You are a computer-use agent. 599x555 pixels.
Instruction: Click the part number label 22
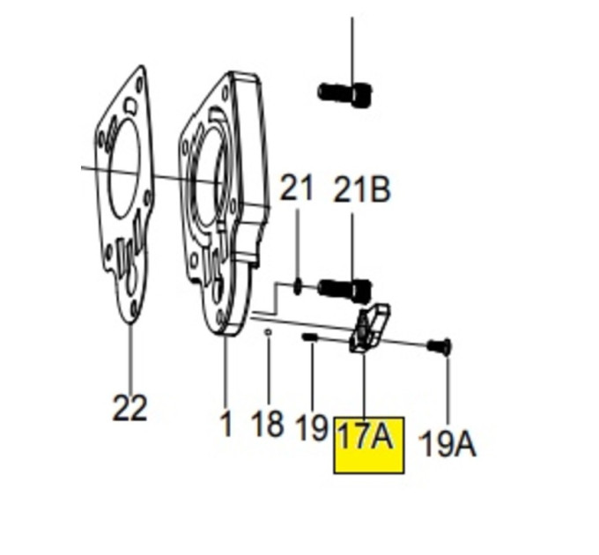pyautogui.click(x=129, y=408)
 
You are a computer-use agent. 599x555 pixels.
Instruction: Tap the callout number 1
pyautogui.click(x=226, y=423)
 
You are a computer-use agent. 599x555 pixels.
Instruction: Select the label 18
pyautogui.click(x=268, y=423)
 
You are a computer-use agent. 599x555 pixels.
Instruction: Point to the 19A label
pyautogui.click(x=447, y=443)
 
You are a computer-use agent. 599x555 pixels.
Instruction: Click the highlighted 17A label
pyautogui.click(x=366, y=436)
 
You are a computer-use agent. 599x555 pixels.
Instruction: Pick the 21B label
pyautogui.click(x=362, y=189)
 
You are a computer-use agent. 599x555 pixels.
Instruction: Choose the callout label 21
pyautogui.click(x=296, y=187)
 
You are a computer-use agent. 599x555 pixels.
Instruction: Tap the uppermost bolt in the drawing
pyautogui.click(x=344, y=94)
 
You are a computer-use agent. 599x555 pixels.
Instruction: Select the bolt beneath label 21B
pyautogui.click(x=344, y=289)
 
